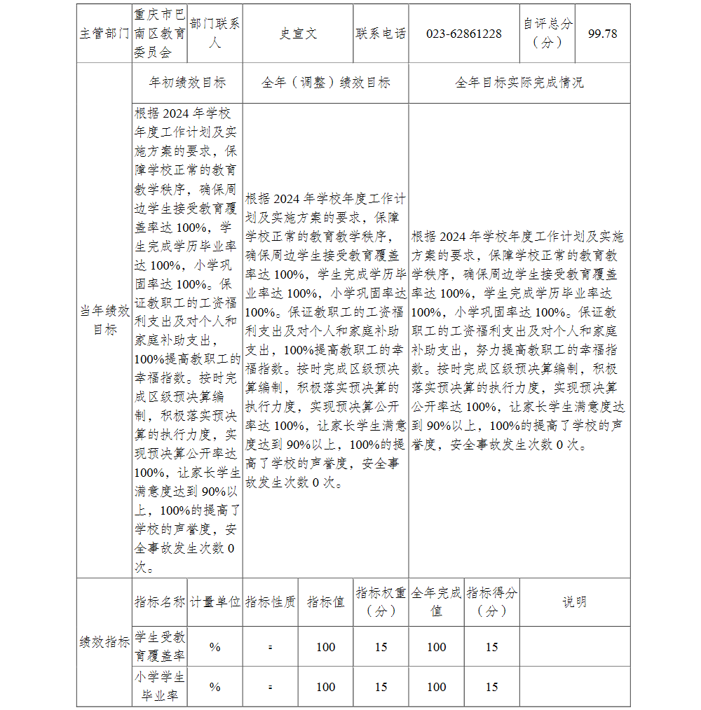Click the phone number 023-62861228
463,34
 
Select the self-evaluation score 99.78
602,34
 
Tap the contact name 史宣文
298,34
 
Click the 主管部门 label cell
104,34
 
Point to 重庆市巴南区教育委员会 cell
160,33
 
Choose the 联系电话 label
381,34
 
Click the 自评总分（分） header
547,33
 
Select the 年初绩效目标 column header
187,83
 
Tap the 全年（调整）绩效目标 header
325,83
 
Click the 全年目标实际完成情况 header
519,83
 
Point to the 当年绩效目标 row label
104,320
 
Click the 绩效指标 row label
104,642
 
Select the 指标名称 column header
160,602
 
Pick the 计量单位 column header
215,602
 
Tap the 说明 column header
574,602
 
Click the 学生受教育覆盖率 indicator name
160,646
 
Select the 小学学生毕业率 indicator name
160,687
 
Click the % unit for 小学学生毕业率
215,687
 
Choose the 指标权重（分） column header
381,602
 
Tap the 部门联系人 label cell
215,33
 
